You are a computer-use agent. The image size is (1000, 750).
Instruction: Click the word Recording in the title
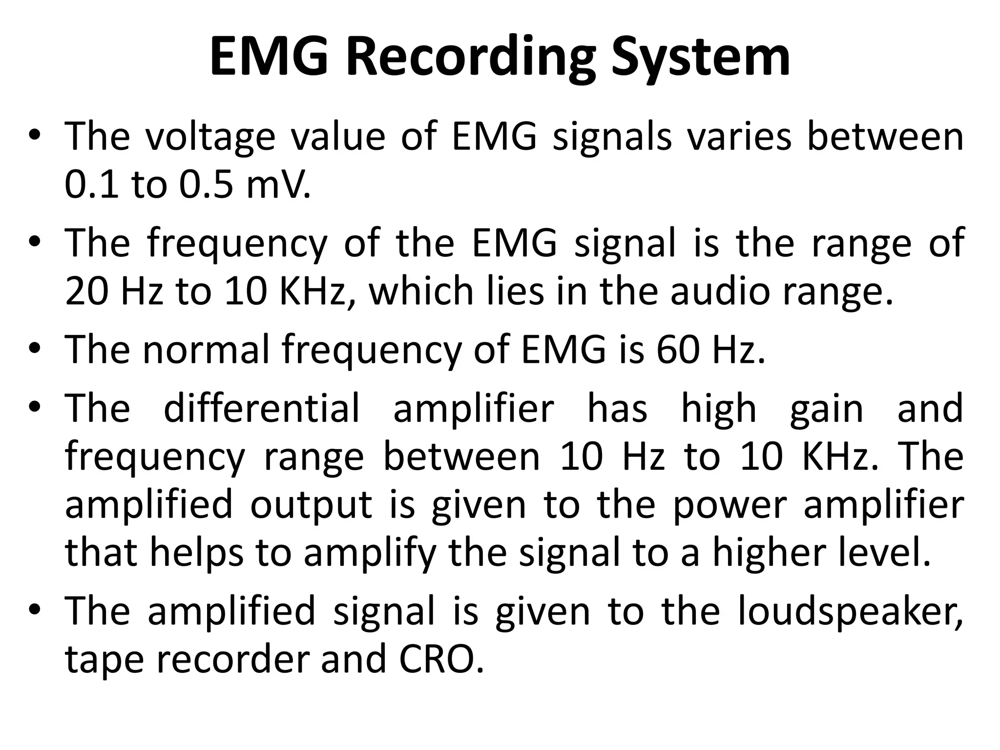pyautogui.click(x=471, y=59)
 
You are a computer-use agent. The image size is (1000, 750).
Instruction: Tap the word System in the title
pyautogui.click(x=700, y=59)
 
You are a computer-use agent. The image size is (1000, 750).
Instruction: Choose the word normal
pyautogui.click(x=206, y=350)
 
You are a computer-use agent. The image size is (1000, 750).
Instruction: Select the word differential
pyautogui.click(x=262, y=408)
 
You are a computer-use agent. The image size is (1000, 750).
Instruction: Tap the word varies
pyautogui.click(x=739, y=137)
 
